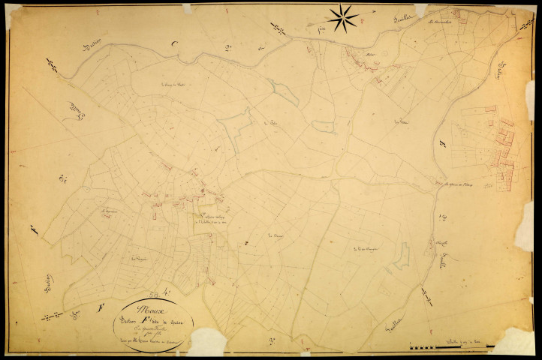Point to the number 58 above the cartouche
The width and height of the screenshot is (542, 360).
[x=155, y=293]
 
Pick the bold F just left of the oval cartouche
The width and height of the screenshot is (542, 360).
[x=100, y=307]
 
